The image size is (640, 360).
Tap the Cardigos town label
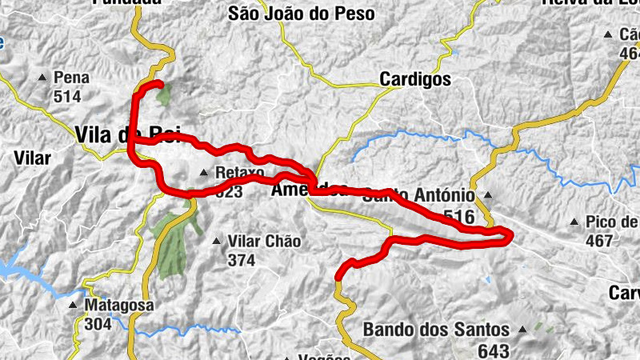pyautogui.click(x=415, y=79)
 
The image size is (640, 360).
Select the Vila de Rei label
pyautogui.click(x=128, y=134)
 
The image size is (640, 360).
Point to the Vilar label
pyautogui.click(x=32, y=158)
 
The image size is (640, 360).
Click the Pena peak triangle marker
pyautogui.click(x=43, y=78)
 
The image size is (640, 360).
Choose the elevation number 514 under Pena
pyautogui.click(x=68, y=96)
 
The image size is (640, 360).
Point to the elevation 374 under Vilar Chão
pyautogui.click(x=240, y=260)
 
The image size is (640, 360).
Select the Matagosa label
pyautogui.click(x=119, y=306)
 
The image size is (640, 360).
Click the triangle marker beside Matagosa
pyautogui.click(x=74, y=306)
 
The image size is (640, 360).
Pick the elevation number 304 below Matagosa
pyautogui.click(x=98, y=324)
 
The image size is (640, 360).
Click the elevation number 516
pyautogui.click(x=458, y=217)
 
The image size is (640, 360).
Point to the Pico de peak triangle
pyautogui.click(x=574, y=222)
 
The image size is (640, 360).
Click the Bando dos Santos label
pyautogui.click(x=436, y=329)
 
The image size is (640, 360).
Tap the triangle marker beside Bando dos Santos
pyautogui.click(x=523, y=329)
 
